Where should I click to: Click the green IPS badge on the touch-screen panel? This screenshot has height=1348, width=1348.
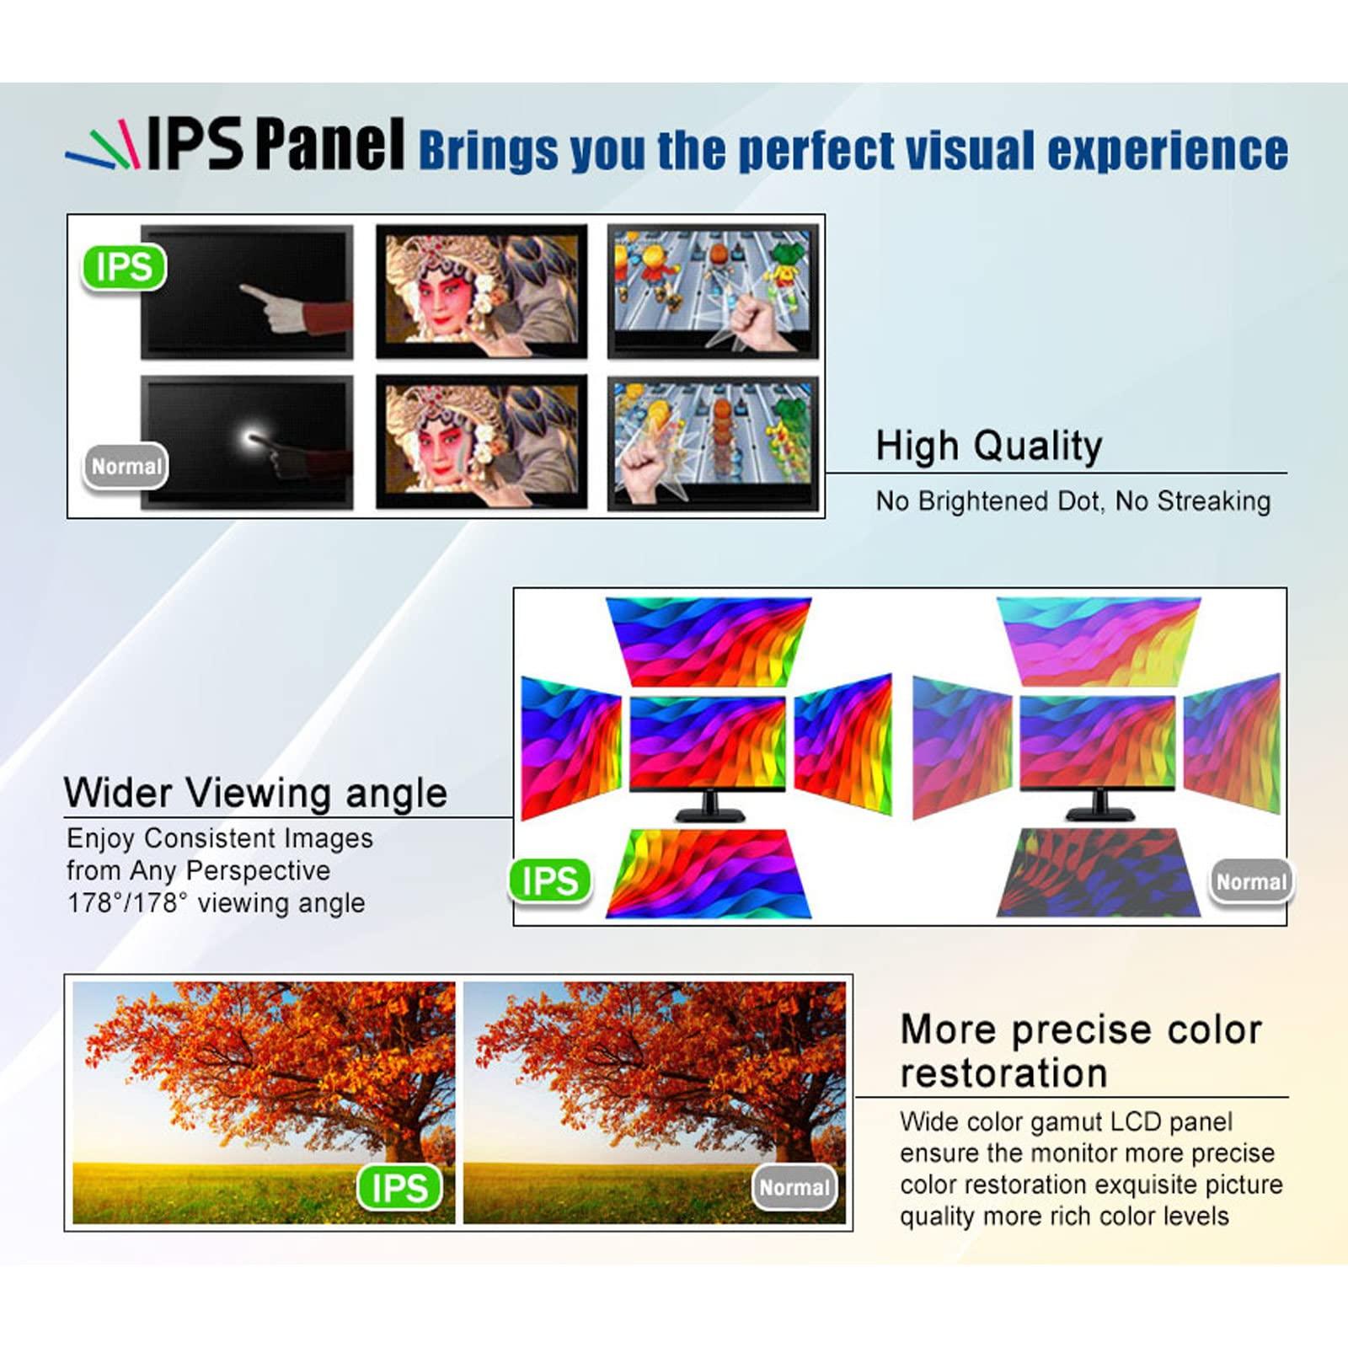click(x=124, y=268)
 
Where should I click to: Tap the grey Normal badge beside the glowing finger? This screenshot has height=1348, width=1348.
click(x=126, y=466)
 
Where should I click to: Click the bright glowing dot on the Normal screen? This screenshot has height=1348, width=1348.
click(x=252, y=437)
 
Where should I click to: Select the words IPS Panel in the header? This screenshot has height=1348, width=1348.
click(x=276, y=145)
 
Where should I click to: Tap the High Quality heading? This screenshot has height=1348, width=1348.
click(x=988, y=446)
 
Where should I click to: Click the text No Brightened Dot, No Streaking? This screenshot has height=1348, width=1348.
click(x=1073, y=501)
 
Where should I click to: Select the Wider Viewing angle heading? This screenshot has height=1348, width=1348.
click(x=255, y=793)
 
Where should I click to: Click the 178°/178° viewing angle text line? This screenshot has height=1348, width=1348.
click(x=216, y=903)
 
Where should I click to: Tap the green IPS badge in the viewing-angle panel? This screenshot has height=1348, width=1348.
click(x=550, y=881)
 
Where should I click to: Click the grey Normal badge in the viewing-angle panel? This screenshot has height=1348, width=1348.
click(x=1251, y=882)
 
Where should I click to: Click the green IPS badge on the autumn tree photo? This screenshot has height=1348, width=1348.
click(x=399, y=1187)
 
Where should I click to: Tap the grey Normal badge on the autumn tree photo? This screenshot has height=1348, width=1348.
click(x=794, y=1187)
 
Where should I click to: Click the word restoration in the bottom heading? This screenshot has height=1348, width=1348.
click(x=1003, y=1073)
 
